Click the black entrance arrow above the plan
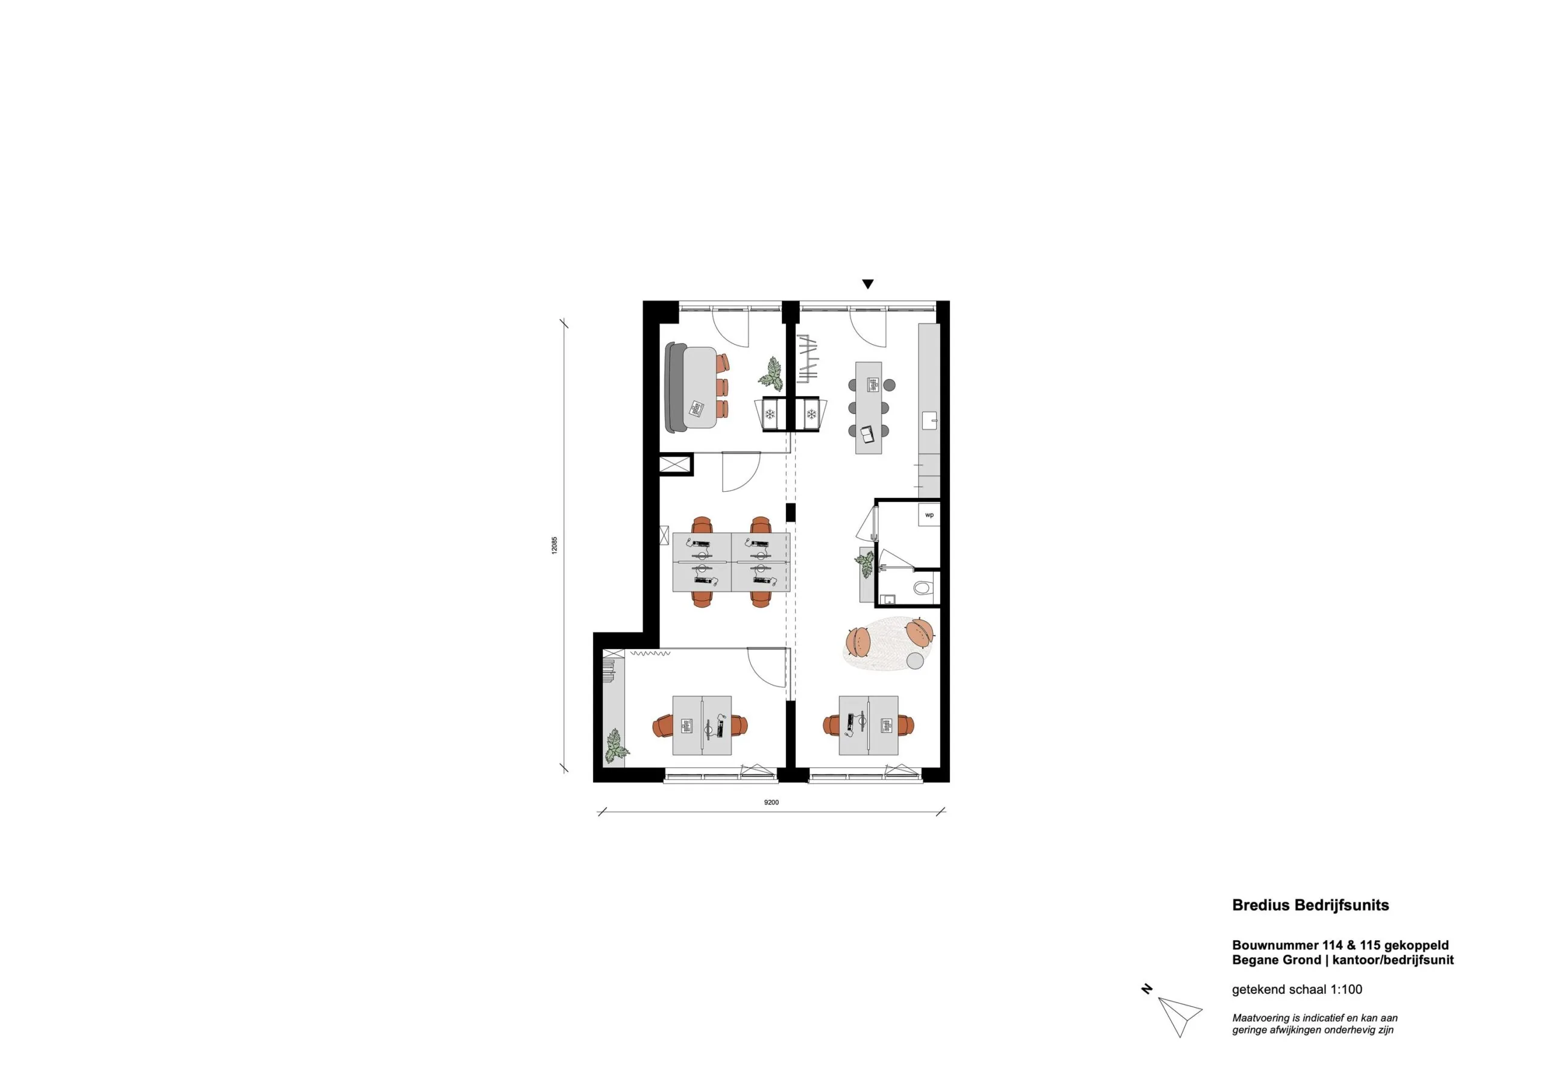click(867, 285)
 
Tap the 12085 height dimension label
click(555, 544)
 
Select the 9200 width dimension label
click(771, 802)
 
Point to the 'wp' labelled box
click(929, 515)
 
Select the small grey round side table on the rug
click(916, 661)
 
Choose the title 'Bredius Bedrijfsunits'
click(1310, 905)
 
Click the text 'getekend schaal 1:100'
click(1296, 989)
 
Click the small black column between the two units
click(791, 512)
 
